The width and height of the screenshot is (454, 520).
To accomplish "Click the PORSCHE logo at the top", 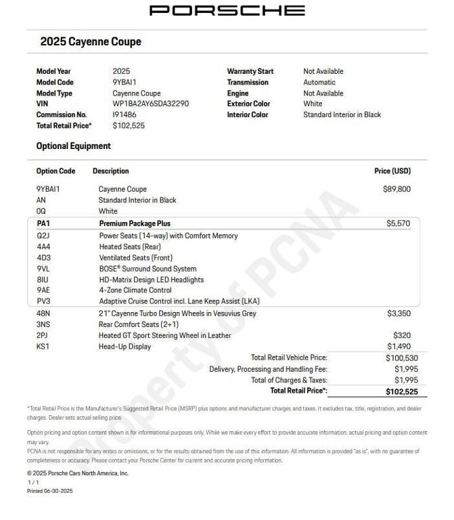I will coord(227,10).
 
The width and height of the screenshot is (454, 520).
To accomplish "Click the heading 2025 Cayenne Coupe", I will coord(91,41).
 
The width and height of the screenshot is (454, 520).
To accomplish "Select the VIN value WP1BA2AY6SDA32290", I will coord(150,104).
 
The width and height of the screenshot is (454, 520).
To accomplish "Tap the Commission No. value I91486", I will coord(124,114).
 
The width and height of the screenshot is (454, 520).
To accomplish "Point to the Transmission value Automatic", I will coord(319,82).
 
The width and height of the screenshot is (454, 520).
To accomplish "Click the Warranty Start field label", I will coord(250,71).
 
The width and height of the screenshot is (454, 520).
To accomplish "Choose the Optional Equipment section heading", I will coord(73,146).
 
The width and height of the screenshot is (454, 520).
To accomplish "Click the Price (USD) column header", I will coord(392,171).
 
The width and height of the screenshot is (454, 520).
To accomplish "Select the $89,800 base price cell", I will coord(396,189).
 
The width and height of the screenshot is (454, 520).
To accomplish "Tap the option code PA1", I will coord(43,223).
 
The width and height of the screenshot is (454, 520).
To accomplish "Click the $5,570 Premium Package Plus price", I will coord(398,223).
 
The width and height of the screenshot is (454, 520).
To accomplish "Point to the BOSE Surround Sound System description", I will coord(147,269).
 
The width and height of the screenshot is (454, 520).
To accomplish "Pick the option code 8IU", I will coord(43,280).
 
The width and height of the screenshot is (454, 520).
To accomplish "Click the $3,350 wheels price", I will coord(399,313).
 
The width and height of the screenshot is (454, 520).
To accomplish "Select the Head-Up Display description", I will coord(124,347).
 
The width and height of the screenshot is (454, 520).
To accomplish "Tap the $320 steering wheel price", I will coord(402,335).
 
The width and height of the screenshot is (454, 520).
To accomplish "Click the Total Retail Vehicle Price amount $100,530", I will coord(401,357).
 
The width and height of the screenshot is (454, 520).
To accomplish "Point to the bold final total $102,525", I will coord(401,391).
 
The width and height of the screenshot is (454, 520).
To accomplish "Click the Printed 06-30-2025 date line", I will coord(49,491).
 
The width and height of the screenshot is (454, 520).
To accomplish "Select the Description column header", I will coord(110,171).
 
